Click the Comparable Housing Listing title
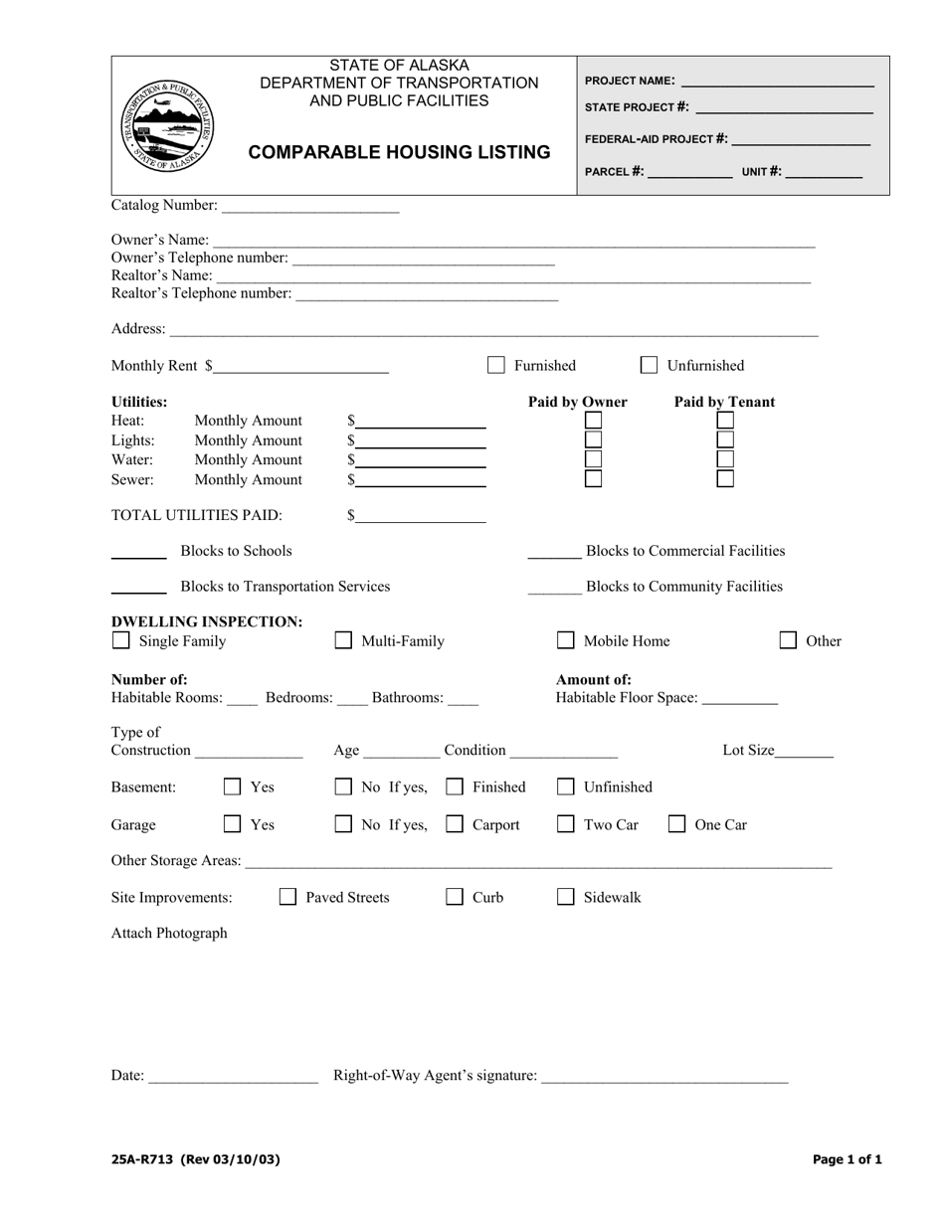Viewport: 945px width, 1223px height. (399, 152)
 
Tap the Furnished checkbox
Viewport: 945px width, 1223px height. (495, 365)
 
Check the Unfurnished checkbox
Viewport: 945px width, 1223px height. (649, 365)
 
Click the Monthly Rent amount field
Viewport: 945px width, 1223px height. (300, 366)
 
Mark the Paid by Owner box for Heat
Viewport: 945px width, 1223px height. (593, 421)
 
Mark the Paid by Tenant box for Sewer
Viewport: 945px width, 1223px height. (725, 478)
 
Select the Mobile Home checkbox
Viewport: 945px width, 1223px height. (565, 640)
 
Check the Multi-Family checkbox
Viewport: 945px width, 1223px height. (343, 640)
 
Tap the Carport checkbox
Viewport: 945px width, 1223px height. (455, 823)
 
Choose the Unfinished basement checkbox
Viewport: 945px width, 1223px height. (565, 786)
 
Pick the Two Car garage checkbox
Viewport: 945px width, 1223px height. (565, 823)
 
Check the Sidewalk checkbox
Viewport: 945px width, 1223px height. (565, 897)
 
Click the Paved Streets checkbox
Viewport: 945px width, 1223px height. (287, 897)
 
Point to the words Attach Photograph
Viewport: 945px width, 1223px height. (169, 933)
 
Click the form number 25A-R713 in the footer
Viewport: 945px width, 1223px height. (143, 1159)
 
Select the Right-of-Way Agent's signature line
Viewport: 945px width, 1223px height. (664, 1075)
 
